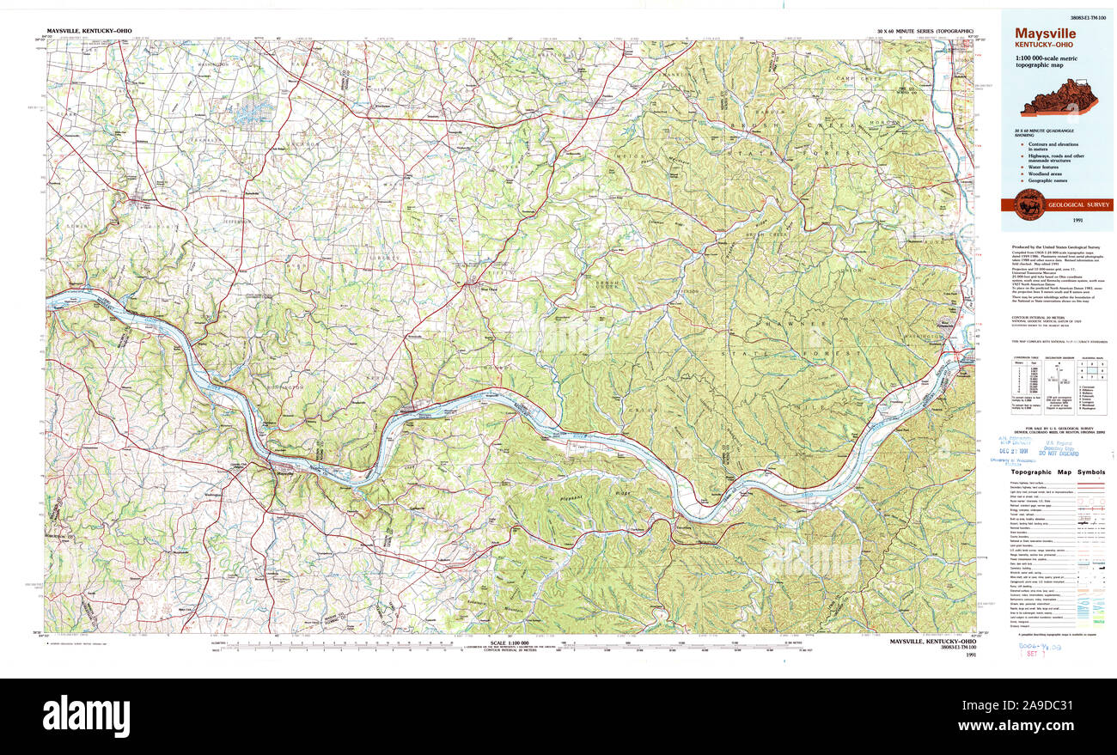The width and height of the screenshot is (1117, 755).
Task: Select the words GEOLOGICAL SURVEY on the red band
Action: point(1078,205)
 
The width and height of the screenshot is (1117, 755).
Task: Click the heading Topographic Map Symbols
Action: point(1058,472)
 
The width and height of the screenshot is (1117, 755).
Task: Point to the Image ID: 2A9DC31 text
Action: point(1028,707)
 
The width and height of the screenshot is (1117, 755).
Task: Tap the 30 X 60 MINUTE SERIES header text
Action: point(919,31)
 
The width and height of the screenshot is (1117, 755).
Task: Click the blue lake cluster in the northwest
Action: point(250,110)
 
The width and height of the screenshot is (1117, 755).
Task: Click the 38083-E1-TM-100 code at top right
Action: point(1089,16)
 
